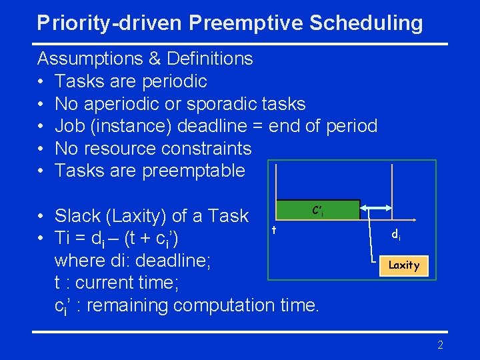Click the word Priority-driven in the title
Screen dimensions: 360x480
110,23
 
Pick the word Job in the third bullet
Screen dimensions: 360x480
69,126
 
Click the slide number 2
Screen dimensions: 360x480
440,345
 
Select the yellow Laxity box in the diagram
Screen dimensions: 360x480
404,265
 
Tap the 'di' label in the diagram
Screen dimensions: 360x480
395,234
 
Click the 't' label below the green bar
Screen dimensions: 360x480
273,230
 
